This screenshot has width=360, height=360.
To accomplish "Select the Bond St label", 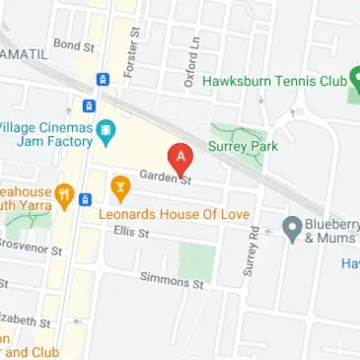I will tap(74, 45).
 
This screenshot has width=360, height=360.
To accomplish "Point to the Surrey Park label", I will tap(243, 147).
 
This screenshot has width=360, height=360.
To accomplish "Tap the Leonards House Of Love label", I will tap(176, 213).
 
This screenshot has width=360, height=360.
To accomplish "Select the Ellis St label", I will tap(130, 233).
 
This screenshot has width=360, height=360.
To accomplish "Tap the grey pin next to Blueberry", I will tap(291, 228).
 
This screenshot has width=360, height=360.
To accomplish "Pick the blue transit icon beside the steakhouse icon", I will tap(86, 198).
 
